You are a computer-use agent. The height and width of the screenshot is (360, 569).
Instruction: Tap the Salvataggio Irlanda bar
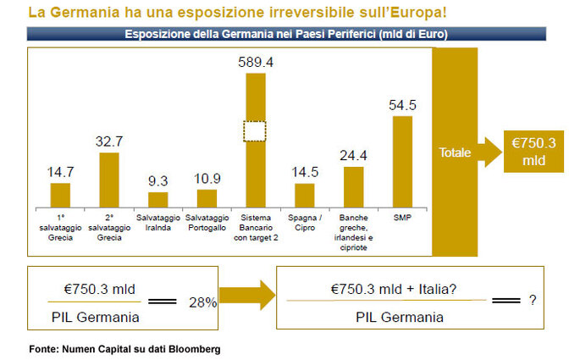pos(158,200)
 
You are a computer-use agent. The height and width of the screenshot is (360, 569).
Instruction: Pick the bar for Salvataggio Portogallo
pos(207,198)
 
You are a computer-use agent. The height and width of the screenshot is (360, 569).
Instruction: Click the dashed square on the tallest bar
pos(255,132)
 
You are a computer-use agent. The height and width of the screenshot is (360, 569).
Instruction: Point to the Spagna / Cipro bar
pos(304,196)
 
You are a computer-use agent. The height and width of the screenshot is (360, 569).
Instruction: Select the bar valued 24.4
pos(353,187)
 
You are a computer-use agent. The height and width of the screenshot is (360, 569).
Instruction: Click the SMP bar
pos(402,162)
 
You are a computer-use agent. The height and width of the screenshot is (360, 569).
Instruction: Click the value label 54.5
pos(402,105)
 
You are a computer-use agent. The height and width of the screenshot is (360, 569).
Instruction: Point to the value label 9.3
pos(158,181)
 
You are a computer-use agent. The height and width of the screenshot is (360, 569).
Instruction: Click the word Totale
pos(455,153)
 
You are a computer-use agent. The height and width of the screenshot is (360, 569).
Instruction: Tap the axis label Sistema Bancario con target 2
pos(255,229)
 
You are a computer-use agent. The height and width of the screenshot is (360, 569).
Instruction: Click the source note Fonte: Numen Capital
pos(125,349)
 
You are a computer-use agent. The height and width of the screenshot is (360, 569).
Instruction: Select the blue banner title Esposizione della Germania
pos(285,35)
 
